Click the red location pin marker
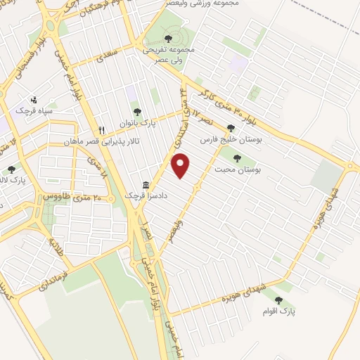[x=181, y=166]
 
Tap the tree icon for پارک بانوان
[x=137, y=112]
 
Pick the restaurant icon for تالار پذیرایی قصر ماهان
[x=102, y=130]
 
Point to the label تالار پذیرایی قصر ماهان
[x=130, y=141]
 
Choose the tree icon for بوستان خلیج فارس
[x=231, y=128]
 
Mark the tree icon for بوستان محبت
[x=236, y=159]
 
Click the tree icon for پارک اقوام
[x=279, y=300]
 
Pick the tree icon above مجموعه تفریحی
[x=167, y=39]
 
